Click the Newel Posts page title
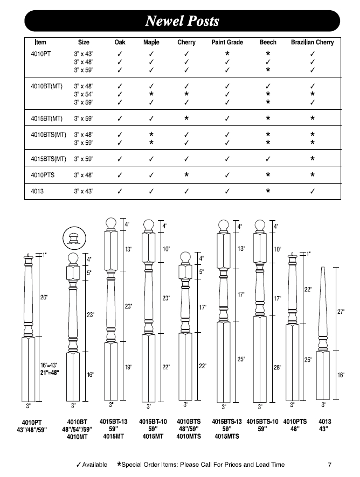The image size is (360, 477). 182,21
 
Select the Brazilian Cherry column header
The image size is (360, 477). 312,43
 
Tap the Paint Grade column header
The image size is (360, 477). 227,43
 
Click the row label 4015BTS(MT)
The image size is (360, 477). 49,159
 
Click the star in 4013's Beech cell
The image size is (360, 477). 268,191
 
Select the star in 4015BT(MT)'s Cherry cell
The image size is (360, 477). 186,117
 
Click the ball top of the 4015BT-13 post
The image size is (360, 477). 110,223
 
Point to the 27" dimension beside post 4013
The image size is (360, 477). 341,312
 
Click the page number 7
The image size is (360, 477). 329,465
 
